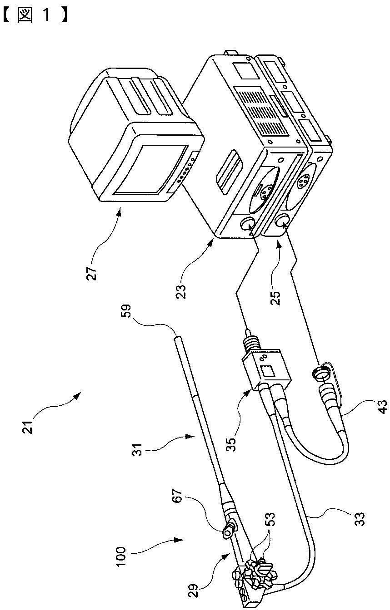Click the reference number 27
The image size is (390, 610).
92,270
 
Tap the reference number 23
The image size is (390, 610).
181,291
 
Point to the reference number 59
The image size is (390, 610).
126,311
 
